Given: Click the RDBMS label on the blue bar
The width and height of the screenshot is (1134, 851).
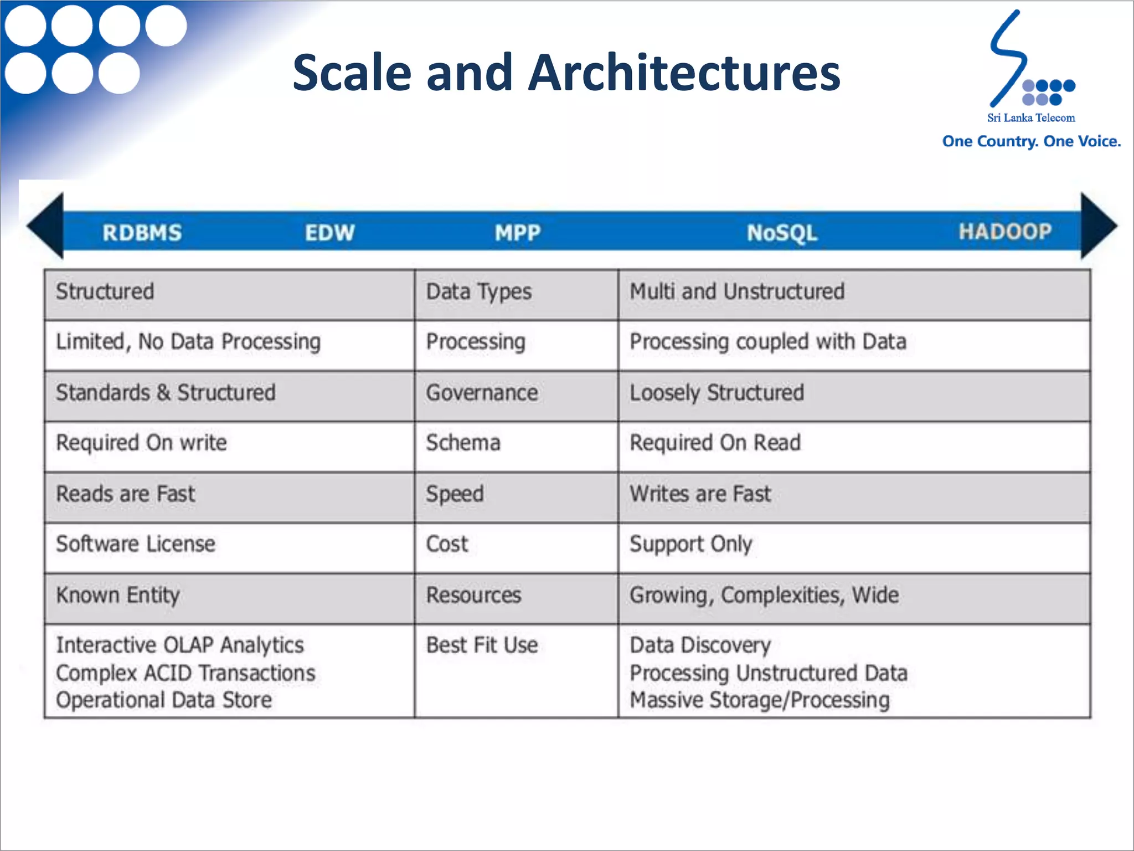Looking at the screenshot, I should (142, 233).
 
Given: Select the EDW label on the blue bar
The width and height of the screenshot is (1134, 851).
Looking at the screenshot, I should (329, 233).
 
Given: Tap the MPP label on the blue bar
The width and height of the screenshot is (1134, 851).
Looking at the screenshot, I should (517, 233).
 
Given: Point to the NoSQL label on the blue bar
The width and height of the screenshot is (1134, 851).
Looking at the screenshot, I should (782, 233).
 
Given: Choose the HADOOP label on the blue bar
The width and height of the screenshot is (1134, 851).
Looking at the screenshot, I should (1005, 232).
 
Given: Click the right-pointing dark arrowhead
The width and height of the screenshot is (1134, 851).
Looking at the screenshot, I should (1097, 226).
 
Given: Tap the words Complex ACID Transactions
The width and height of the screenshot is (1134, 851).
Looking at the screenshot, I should (185, 673).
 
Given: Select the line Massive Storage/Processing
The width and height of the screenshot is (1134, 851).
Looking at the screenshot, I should (760, 700).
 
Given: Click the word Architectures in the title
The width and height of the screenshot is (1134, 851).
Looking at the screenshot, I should (684, 73).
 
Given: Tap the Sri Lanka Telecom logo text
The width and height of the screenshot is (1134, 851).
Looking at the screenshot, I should (1031, 117).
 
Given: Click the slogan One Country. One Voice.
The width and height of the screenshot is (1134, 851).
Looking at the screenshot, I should (1032, 141).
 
